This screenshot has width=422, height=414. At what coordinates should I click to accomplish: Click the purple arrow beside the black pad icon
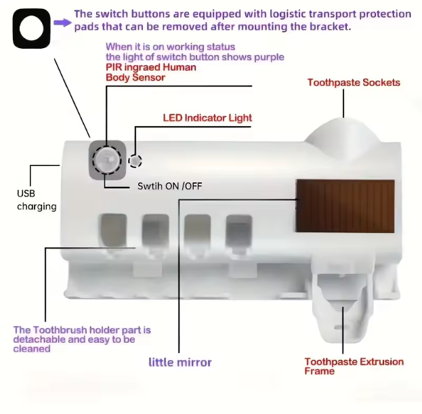62,22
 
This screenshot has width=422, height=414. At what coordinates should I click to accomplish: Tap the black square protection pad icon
31,28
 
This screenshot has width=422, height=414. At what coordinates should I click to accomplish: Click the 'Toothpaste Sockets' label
354,83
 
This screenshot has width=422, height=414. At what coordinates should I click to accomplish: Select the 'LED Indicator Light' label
207,118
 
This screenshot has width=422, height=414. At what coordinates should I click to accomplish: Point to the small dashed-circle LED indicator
135,161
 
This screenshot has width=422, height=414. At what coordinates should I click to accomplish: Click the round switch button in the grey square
107,161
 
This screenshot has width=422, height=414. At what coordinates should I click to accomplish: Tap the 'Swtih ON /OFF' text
169,186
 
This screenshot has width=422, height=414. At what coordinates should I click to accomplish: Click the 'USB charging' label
37,200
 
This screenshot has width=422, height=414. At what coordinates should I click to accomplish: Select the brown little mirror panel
345,206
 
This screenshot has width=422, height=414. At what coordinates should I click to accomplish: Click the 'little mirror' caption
180,363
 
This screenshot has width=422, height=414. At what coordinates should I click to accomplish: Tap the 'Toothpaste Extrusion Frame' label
354,366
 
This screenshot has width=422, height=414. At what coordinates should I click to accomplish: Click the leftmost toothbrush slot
113,230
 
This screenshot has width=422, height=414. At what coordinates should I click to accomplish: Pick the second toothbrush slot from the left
155,230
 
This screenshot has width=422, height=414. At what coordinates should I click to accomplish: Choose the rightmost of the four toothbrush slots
239,231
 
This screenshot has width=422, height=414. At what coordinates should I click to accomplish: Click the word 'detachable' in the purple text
39,339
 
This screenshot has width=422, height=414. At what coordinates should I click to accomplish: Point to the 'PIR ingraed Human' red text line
150,67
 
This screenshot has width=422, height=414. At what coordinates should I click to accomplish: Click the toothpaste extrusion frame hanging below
343,302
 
